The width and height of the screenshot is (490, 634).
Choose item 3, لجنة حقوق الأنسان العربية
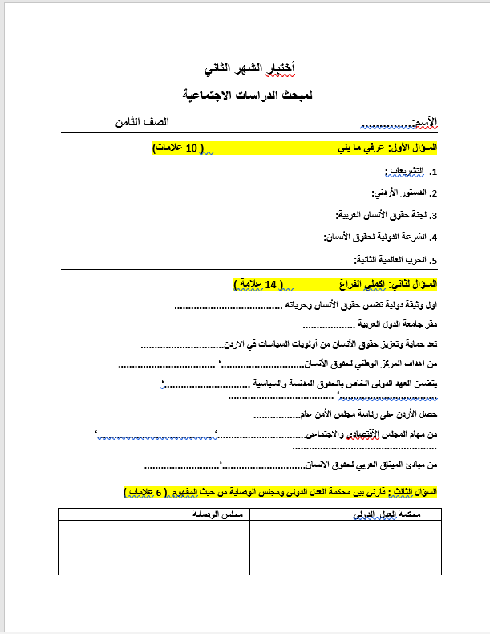click(385, 215)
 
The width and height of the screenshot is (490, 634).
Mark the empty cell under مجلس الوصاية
click(153, 547)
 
